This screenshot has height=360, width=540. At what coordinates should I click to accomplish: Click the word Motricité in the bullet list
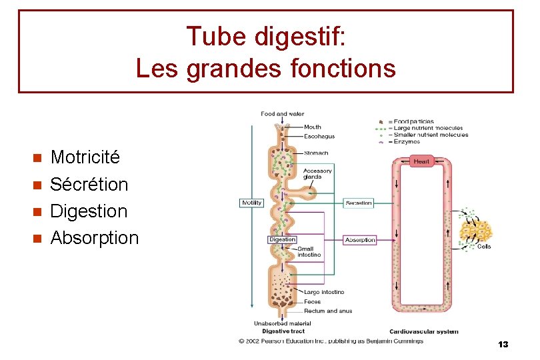pyautogui.click(x=85, y=157)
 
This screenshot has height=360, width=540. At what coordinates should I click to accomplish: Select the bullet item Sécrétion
pyautogui.click(x=89, y=184)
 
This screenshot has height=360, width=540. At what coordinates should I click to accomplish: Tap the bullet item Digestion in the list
pyautogui.click(x=89, y=211)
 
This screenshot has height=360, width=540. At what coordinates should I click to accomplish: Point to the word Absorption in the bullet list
pyautogui.click(x=94, y=237)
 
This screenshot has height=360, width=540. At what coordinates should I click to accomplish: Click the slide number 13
pyautogui.click(x=503, y=345)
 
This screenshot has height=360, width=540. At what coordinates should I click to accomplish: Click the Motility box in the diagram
pyautogui.click(x=251, y=203)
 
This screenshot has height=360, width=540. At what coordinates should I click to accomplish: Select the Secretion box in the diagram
pyautogui.click(x=359, y=203)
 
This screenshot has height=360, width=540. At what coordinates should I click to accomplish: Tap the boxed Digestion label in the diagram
pyautogui.click(x=282, y=239)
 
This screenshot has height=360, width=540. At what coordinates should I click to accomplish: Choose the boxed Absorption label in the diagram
pyautogui.click(x=360, y=240)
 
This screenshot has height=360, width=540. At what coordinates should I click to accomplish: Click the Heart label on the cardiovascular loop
pyautogui.click(x=421, y=161)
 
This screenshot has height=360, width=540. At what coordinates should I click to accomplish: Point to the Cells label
pyautogui.click(x=485, y=246)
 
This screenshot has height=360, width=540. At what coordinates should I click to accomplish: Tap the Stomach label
pyautogui.click(x=316, y=153)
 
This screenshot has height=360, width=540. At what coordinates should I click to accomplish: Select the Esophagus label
pyautogui.click(x=319, y=136)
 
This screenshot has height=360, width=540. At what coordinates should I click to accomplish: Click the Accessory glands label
pyautogui.click(x=317, y=174)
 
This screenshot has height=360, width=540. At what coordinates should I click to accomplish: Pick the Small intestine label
pyautogui.click(x=309, y=252)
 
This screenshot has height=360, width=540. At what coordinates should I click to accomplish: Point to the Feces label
pyautogui.click(x=312, y=301)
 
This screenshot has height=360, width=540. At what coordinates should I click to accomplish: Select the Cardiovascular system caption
pyautogui.click(x=424, y=331)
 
